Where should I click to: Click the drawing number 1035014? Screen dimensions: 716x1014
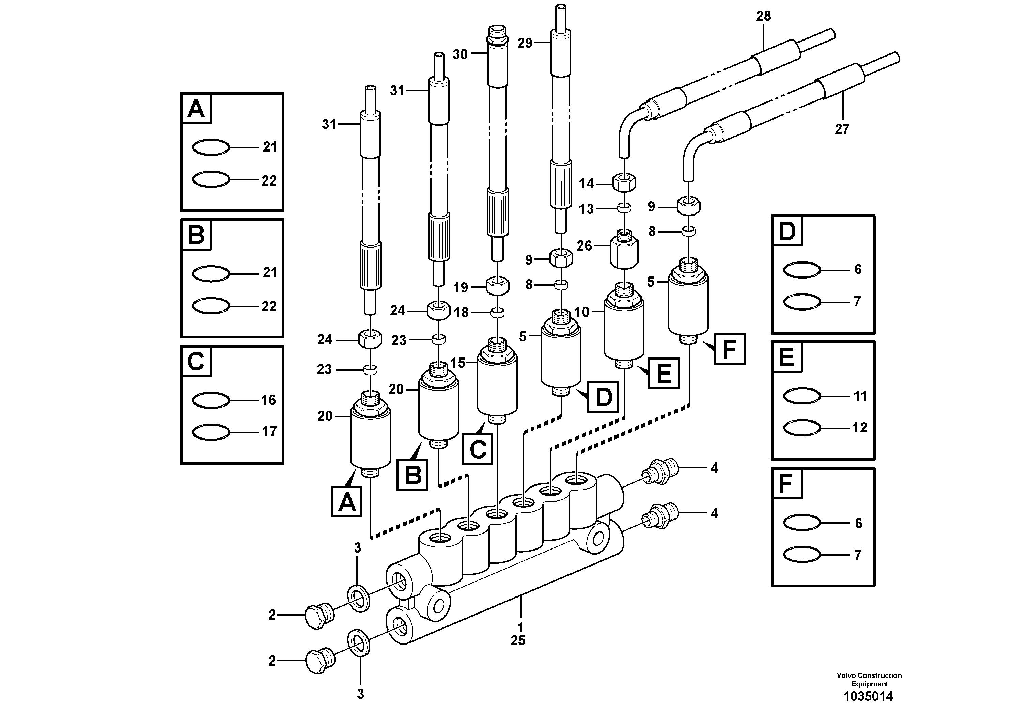tap(868, 697)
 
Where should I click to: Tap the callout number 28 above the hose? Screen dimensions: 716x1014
tap(763, 16)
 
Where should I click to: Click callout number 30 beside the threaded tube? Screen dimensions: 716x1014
tap(460, 55)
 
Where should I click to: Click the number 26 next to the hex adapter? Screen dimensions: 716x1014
tap(584, 246)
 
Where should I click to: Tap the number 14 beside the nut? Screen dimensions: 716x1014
tap(586, 183)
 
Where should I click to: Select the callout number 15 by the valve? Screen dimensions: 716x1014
tap(458, 363)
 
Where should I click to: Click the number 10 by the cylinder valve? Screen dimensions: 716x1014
tap(582, 312)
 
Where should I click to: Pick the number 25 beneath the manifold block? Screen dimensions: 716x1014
tap(518, 640)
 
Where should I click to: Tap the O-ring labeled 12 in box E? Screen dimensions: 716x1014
tap(802, 428)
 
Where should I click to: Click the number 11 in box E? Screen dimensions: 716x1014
tap(860, 396)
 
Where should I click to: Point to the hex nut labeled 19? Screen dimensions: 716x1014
tap(498, 286)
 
